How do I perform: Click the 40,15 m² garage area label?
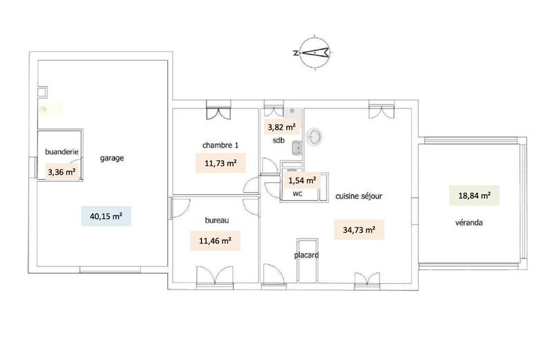[106, 216]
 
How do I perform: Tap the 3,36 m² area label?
[62, 172]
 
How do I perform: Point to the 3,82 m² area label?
[281, 127]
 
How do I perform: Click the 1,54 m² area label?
[301, 181]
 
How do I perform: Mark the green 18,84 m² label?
[474, 196]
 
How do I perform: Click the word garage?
[111, 158]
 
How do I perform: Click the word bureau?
[216, 221]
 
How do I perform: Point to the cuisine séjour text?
[359, 196]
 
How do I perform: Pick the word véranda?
[469, 223]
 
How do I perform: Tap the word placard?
[307, 255]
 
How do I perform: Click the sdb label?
[278, 142]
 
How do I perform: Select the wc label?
[298, 194]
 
